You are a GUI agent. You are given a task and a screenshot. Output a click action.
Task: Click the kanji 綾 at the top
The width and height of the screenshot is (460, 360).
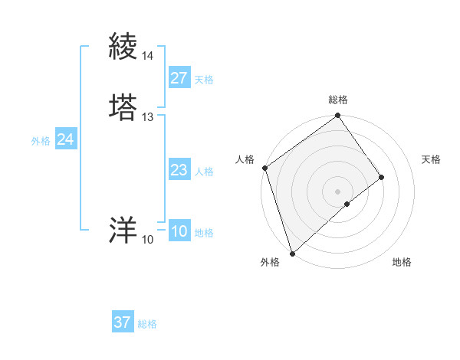pyautogui.click(x=123, y=47)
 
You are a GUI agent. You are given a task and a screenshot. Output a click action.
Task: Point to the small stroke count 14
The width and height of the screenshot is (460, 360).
pyautogui.click(x=147, y=56)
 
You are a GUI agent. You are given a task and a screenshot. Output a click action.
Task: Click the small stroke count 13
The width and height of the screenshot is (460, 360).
pyautogui.click(x=147, y=117)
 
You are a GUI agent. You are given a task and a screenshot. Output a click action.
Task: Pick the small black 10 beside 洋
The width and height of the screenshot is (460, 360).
pyautogui.click(x=147, y=240)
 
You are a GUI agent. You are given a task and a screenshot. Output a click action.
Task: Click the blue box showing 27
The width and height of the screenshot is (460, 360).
pyautogui.click(x=179, y=78)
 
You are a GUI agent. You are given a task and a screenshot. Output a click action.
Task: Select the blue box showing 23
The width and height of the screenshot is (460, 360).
pyautogui.click(x=179, y=170)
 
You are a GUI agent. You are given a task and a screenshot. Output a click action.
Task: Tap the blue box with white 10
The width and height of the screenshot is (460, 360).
pyautogui.click(x=179, y=231)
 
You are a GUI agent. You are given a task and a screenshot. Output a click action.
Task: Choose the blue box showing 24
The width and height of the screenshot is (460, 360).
pyautogui.click(x=66, y=139)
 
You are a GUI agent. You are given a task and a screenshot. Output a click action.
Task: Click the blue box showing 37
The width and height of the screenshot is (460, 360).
pyautogui.click(x=123, y=322)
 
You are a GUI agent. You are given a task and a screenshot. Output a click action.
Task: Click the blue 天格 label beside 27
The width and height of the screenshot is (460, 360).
pyautogui.click(x=204, y=80)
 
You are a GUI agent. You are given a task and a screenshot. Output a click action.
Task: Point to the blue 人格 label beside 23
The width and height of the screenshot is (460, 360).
pyautogui.click(x=204, y=172)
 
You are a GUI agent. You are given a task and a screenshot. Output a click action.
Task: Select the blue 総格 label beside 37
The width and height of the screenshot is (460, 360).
pyautogui.click(x=147, y=324)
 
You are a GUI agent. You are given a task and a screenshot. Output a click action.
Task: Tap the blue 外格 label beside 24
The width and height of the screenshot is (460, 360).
pyautogui.click(x=41, y=141)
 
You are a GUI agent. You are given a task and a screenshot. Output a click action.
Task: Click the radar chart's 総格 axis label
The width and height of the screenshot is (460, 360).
pyautogui.click(x=338, y=100)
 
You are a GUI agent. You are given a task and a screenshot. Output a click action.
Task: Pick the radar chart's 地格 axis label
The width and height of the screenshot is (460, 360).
pyautogui.click(x=402, y=262)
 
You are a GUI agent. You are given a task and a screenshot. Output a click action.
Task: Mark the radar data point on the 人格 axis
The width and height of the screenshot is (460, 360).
pyautogui.click(x=264, y=168)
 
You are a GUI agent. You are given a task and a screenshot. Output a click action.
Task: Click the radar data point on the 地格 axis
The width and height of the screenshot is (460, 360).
pyautogui.click(x=347, y=204)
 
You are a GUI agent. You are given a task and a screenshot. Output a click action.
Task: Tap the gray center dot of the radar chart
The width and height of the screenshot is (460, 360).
pyautogui.click(x=338, y=191)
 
